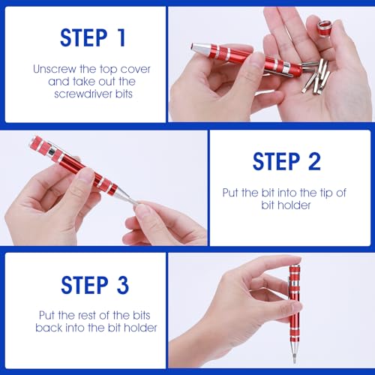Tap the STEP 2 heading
pyautogui.click(x=286, y=161)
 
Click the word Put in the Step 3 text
pyautogui.click(x=48, y=316)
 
